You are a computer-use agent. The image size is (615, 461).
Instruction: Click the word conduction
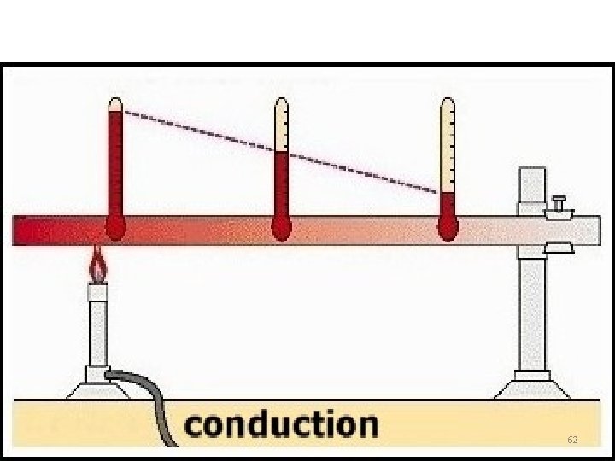click(x=281, y=424)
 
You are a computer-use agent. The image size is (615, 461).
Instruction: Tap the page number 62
click(x=572, y=440)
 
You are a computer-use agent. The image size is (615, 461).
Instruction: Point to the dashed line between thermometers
click(x=282, y=153)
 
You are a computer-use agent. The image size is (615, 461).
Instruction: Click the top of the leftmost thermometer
click(x=115, y=105)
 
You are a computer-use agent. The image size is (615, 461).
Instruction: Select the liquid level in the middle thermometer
click(x=281, y=153)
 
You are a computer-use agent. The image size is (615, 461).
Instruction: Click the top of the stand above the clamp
click(x=532, y=184)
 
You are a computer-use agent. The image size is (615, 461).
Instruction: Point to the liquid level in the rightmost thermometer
click(x=448, y=194)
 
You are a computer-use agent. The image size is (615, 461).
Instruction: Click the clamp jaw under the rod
click(x=559, y=248)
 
